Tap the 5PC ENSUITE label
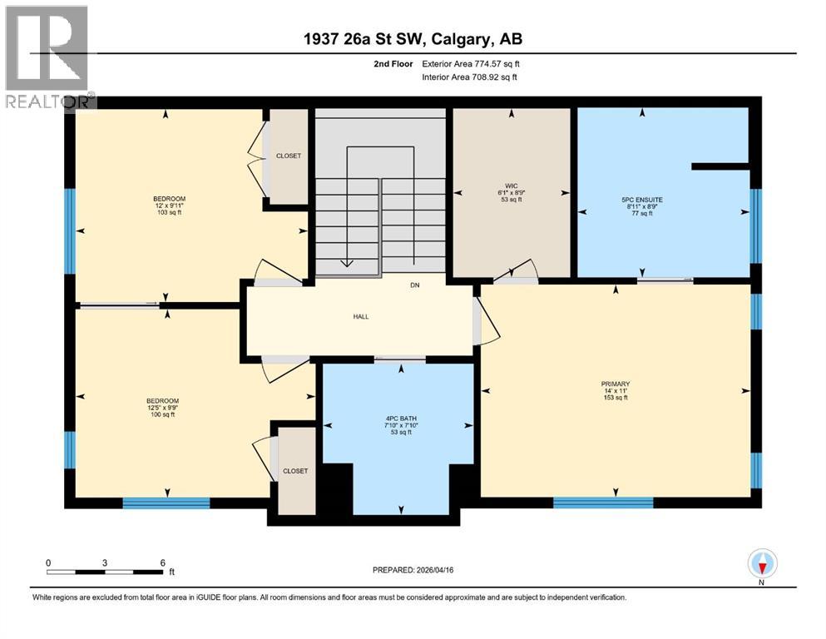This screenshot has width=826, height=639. [640, 200]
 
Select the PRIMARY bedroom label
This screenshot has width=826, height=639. [615, 384]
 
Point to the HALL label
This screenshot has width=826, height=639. [360, 316]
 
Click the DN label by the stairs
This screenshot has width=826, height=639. [414, 285]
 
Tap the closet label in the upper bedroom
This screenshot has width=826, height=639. [289, 156]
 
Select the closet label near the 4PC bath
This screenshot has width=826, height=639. [294, 471]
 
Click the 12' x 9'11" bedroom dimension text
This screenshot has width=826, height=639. [169, 206]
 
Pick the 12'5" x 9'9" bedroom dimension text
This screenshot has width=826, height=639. [162, 408]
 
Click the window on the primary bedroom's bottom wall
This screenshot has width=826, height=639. [603, 503]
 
